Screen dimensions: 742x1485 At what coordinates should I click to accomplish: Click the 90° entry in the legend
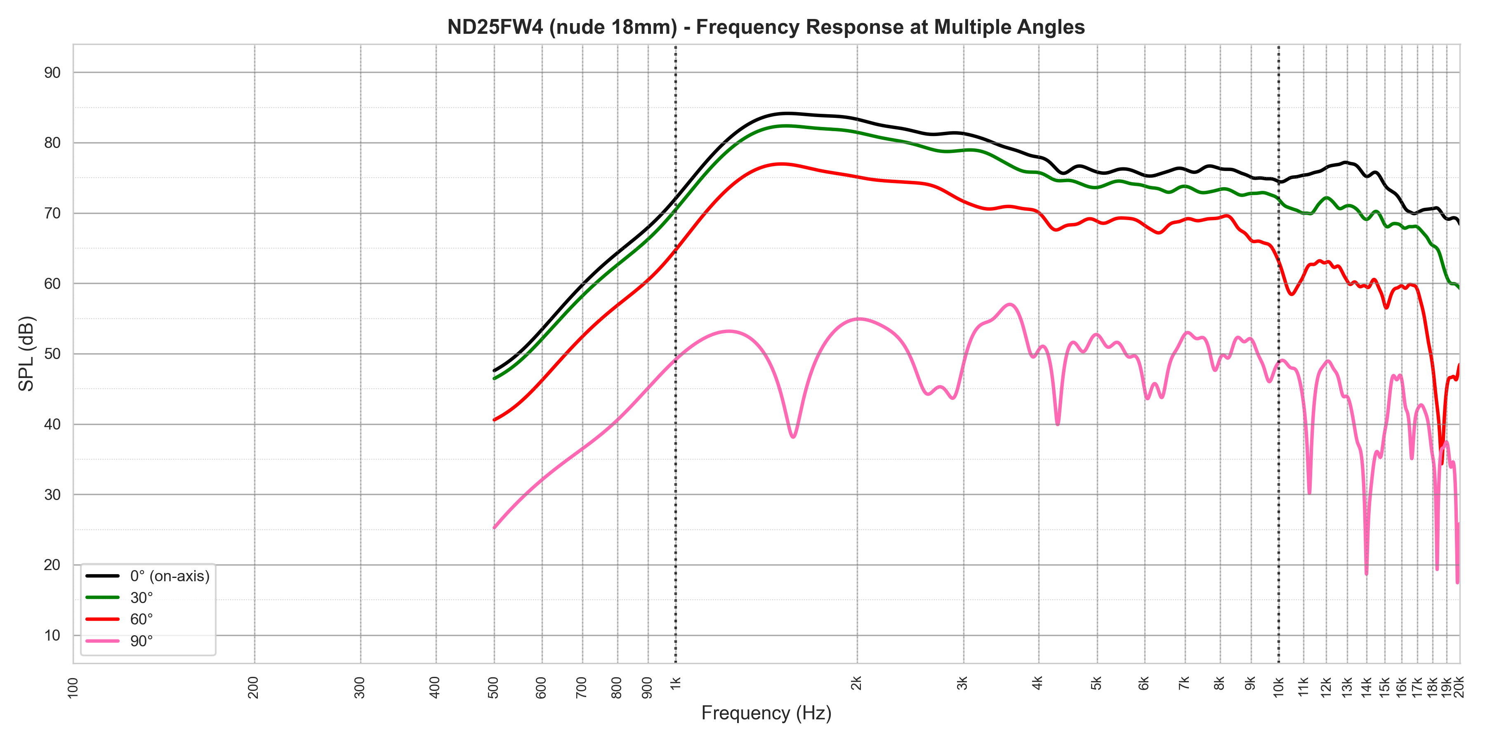coord(141,641)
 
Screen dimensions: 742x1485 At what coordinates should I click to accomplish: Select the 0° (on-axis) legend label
coord(170,576)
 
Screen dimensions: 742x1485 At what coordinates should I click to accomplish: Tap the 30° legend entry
coord(141,597)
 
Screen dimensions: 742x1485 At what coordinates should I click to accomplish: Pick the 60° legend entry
coord(141,619)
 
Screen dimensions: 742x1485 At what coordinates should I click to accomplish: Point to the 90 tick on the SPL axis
coord(52,73)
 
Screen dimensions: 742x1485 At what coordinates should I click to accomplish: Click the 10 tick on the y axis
coord(52,635)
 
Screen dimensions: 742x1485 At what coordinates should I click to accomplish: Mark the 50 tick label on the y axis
coord(52,354)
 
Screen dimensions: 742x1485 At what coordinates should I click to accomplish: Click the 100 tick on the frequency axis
coord(73,687)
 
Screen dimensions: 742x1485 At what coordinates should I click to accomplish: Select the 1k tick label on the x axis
coord(676,683)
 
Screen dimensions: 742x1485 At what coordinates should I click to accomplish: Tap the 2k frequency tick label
coord(857,683)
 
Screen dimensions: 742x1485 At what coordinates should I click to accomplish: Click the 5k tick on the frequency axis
coord(1096,683)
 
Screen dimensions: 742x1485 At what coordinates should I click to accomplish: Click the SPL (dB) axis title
coord(26,354)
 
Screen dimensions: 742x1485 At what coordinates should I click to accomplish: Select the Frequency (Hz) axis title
coord(766,713)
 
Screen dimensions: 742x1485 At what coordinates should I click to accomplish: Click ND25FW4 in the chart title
coord(495,27)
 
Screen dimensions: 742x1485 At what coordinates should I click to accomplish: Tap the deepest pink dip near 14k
coord(1366,573)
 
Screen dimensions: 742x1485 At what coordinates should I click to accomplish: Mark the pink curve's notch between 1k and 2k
coord(793,437)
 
